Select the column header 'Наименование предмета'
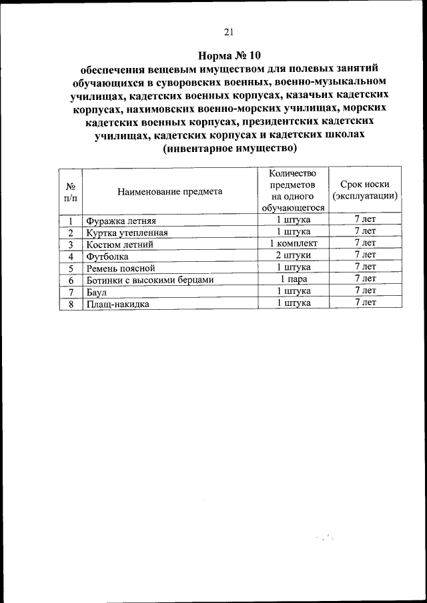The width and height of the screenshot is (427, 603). (x=169, y=191)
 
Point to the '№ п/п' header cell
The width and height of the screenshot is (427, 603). (x=70, y=191)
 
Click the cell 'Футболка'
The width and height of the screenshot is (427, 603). (x=106, y=257)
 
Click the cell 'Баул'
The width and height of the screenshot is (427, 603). (x=96, y=293)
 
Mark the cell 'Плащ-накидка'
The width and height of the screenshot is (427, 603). (x=117, y=304)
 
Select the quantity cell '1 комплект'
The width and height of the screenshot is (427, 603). (x=294, y=244)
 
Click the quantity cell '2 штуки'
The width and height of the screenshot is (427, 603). (x=294, y=256)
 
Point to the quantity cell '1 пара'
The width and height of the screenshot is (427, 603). (x=294, y=279)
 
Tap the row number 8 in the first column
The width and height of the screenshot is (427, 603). (x=70, y=304)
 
